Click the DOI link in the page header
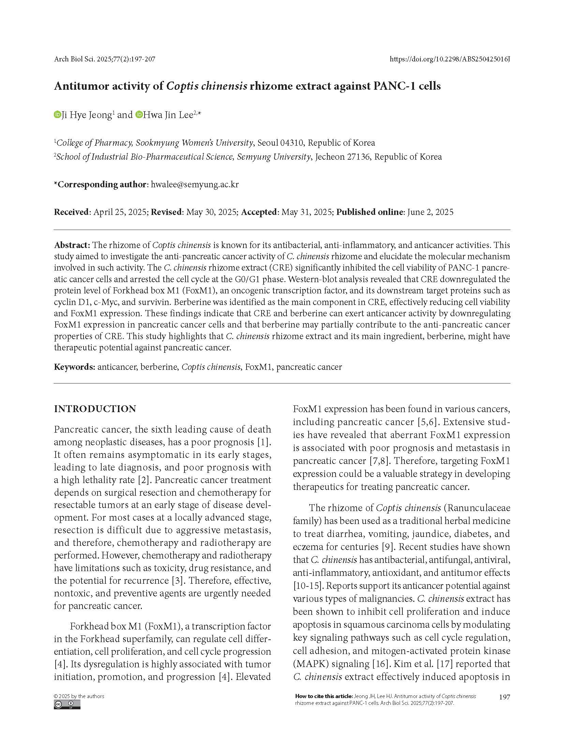(450, 59)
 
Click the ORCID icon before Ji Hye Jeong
(57, 115)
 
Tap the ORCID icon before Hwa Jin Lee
(139, 115)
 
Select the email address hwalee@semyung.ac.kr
(195, 185)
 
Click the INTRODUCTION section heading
(95, 409)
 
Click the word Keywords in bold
(74, 367)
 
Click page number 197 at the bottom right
(504, 697)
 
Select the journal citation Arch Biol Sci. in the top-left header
(75, 59)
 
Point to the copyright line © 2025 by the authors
(79, 696)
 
